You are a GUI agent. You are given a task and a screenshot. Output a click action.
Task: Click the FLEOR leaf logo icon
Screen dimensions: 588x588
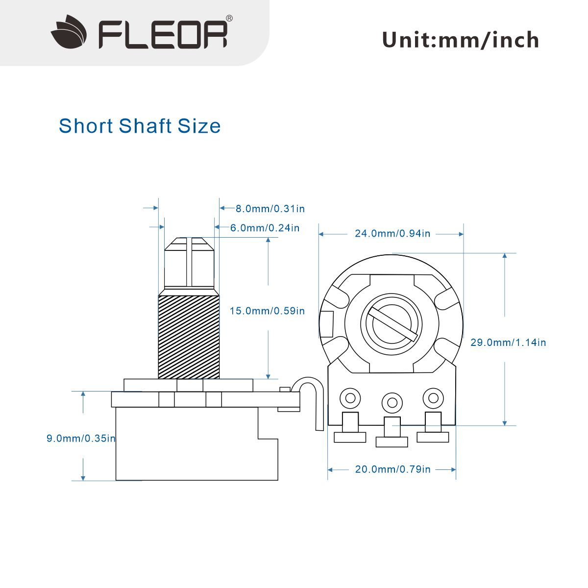click(x=69, y=32)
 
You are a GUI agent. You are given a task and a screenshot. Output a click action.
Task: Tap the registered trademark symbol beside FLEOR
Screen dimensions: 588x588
click(x=229, y=18)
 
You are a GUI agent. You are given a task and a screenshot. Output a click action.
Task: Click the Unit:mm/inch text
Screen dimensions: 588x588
click(x=460, y=40)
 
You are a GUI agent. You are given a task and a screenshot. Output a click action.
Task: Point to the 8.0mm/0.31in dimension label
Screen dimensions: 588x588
click(x=270, y=209)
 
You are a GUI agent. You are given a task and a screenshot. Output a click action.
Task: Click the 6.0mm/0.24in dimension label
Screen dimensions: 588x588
click(x=265, y=228)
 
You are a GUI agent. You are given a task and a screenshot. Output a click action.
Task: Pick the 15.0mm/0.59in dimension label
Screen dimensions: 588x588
click(x=267, y=311)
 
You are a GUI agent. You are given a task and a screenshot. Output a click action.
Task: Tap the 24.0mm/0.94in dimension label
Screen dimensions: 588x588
click(x=392, y=234)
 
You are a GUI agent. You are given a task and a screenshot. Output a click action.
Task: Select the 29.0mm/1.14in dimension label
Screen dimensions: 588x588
click(x=508, y=343)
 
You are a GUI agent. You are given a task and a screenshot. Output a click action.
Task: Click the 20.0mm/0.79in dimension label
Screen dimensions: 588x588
click(x=392, y=469)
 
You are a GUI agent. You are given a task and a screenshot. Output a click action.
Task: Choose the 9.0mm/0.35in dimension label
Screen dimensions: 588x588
click(x=81, y=439)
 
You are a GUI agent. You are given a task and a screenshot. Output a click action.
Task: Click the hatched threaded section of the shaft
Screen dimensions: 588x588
click(x=189, y=337)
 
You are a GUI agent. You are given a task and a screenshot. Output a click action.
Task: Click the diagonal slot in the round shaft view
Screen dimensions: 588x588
click(x=392, y=324)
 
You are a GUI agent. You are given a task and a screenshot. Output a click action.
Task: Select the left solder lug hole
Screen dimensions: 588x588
click(x=350, y=398)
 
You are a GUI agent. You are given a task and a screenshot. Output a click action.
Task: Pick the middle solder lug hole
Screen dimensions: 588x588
click(x=392, y=403)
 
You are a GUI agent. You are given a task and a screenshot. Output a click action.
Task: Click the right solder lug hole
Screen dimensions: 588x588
click(x=433, y=398)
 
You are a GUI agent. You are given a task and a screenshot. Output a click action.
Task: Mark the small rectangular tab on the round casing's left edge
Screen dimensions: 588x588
click(x=326, y=324)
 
